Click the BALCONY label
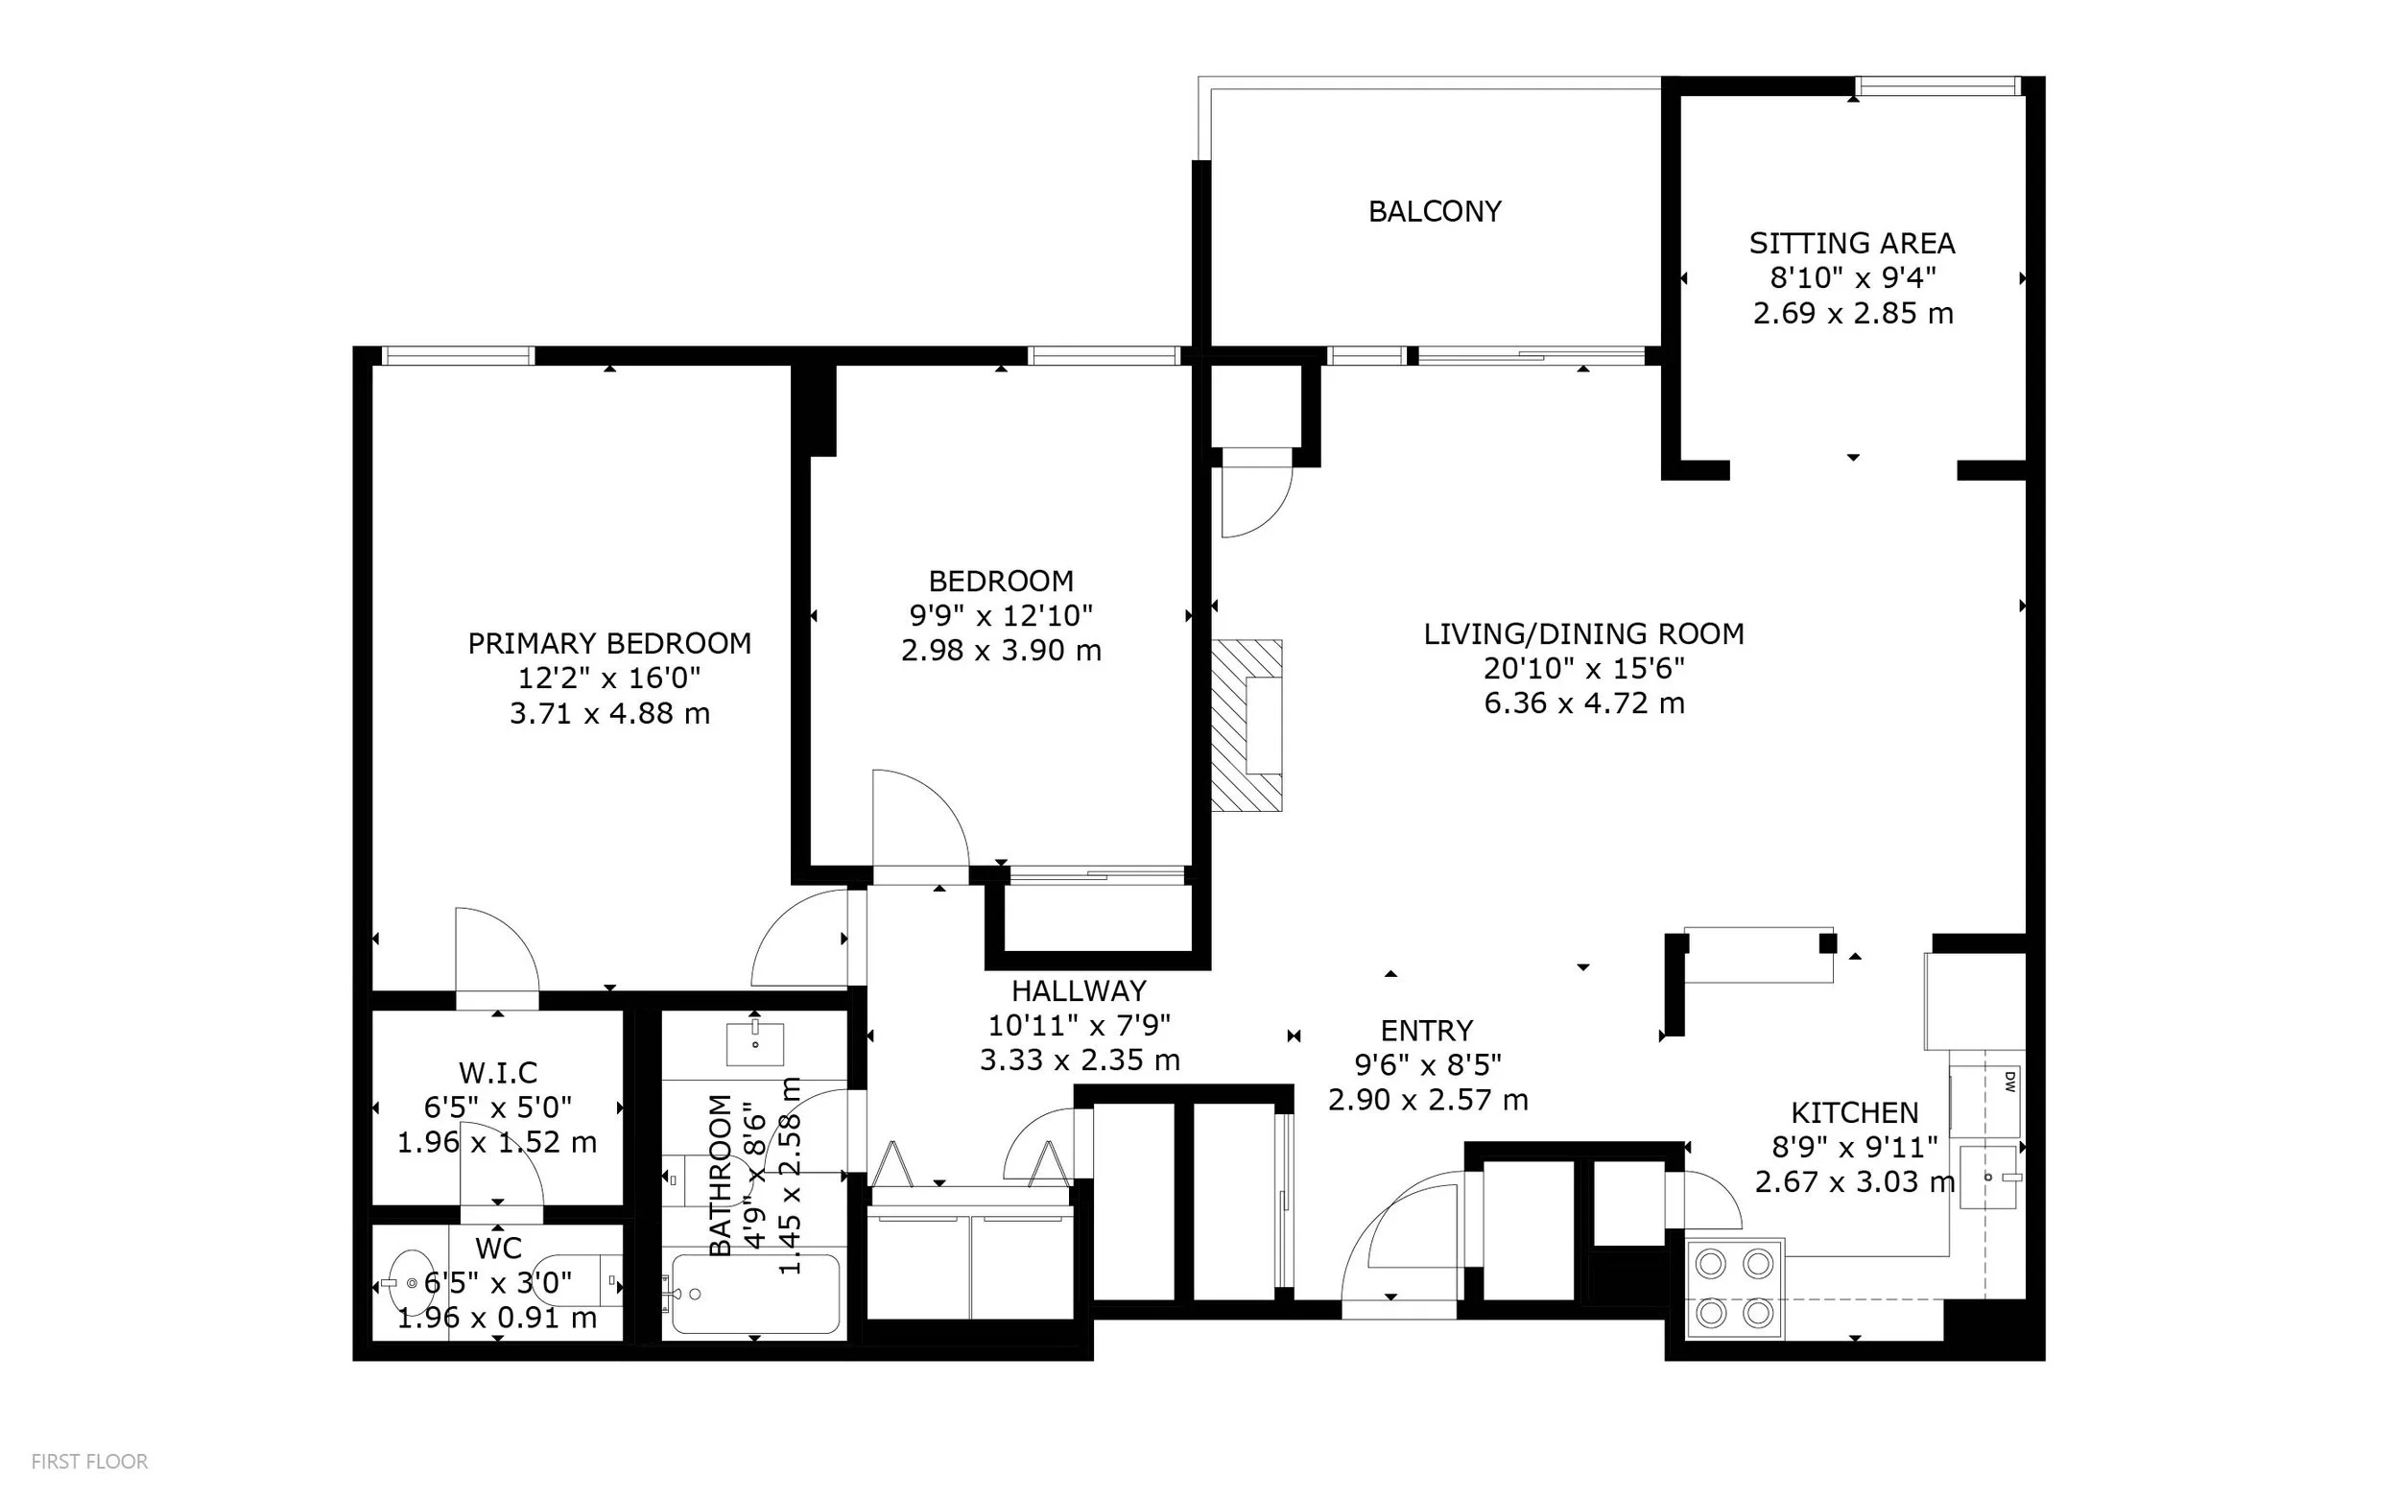coord(1434,211)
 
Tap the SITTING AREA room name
coord(1852,243)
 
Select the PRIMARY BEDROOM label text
coord(609,644)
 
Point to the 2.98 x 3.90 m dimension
coord(1001,651)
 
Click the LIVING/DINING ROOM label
coord(1583,634)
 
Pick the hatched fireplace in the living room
coord(1247,726)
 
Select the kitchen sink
coord(1990,1177)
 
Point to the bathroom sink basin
coord(756,1042)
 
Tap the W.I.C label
coord(498,1072)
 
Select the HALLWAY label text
coord(1079,991)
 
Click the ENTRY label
coord(1427,1031)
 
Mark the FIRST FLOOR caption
coord(89,1462)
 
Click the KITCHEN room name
coord(1855,1113)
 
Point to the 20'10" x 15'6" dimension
coord(1583,669)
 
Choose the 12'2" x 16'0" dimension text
coord(609,679)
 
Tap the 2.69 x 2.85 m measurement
coord(1853,314)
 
